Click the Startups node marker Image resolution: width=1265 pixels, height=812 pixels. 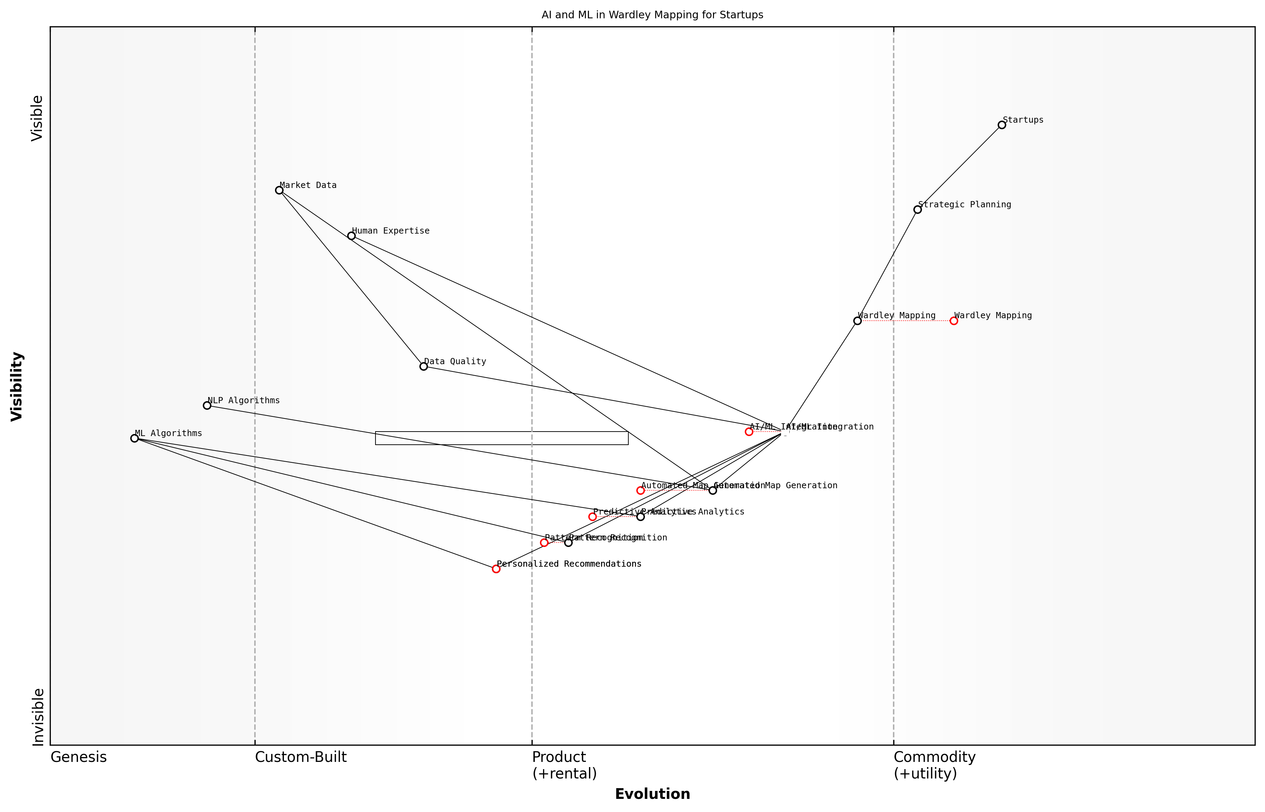(1001, 125)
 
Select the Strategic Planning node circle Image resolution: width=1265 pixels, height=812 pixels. (917, 209)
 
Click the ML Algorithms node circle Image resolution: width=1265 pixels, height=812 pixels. (134, 438)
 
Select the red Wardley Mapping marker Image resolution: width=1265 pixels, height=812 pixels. (953, 321)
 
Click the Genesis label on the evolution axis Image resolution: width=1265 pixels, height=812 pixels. (78, 757)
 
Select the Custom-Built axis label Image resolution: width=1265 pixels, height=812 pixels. (301, 757)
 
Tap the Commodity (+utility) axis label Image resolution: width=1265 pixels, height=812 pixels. (934, 765)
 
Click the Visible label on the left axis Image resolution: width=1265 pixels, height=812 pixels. (37, 118)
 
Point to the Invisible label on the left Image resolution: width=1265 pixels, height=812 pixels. (38, 717)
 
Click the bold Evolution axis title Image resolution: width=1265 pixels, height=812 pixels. (652, 794)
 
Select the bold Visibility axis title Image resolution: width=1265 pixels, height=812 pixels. (17, 387)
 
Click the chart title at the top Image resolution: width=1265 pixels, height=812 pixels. (652, 15)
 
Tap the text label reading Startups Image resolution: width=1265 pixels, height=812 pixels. (1023, 120)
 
